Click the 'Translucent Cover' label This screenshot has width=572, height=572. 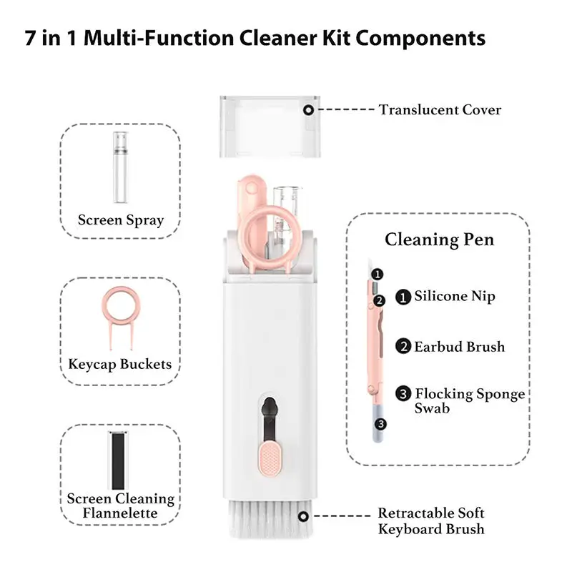(440, 110)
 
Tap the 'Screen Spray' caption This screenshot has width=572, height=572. (121, 220)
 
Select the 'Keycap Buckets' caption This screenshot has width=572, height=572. (120, 364)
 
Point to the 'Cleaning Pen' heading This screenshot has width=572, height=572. (439, 240)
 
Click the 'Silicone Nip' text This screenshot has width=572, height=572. (455, 296)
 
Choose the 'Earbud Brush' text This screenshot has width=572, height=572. (459, 347)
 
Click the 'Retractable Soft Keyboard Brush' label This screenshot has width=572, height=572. (431, 521)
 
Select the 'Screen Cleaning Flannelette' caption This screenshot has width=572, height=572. (120, 506)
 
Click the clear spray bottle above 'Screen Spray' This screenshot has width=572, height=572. (120, 167)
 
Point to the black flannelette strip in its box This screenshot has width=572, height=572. (118, 460)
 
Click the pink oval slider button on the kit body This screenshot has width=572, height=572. (270, 458)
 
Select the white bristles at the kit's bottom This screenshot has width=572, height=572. (270, 519)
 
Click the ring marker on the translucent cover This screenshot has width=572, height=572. (309, 110)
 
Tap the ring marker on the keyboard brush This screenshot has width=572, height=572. (303, 516)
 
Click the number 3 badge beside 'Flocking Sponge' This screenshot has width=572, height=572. (403, 394)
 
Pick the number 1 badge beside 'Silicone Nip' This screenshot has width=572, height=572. (403, 297)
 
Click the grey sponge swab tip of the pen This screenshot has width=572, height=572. (378, 423)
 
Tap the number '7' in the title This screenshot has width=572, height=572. (30, 38)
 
